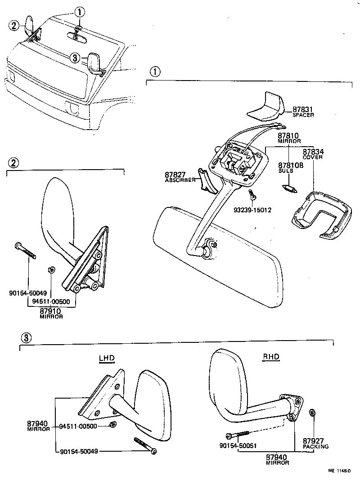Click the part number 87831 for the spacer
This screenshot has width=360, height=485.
(302, 109)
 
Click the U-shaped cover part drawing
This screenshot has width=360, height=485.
(320, 214)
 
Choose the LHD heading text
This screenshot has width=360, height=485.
(107, 358)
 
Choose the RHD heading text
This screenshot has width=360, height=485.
(271, 357)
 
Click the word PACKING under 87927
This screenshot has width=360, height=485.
(315, 447)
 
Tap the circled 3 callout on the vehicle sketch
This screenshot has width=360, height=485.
(75, 57)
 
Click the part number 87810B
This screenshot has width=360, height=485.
(291, 165)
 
